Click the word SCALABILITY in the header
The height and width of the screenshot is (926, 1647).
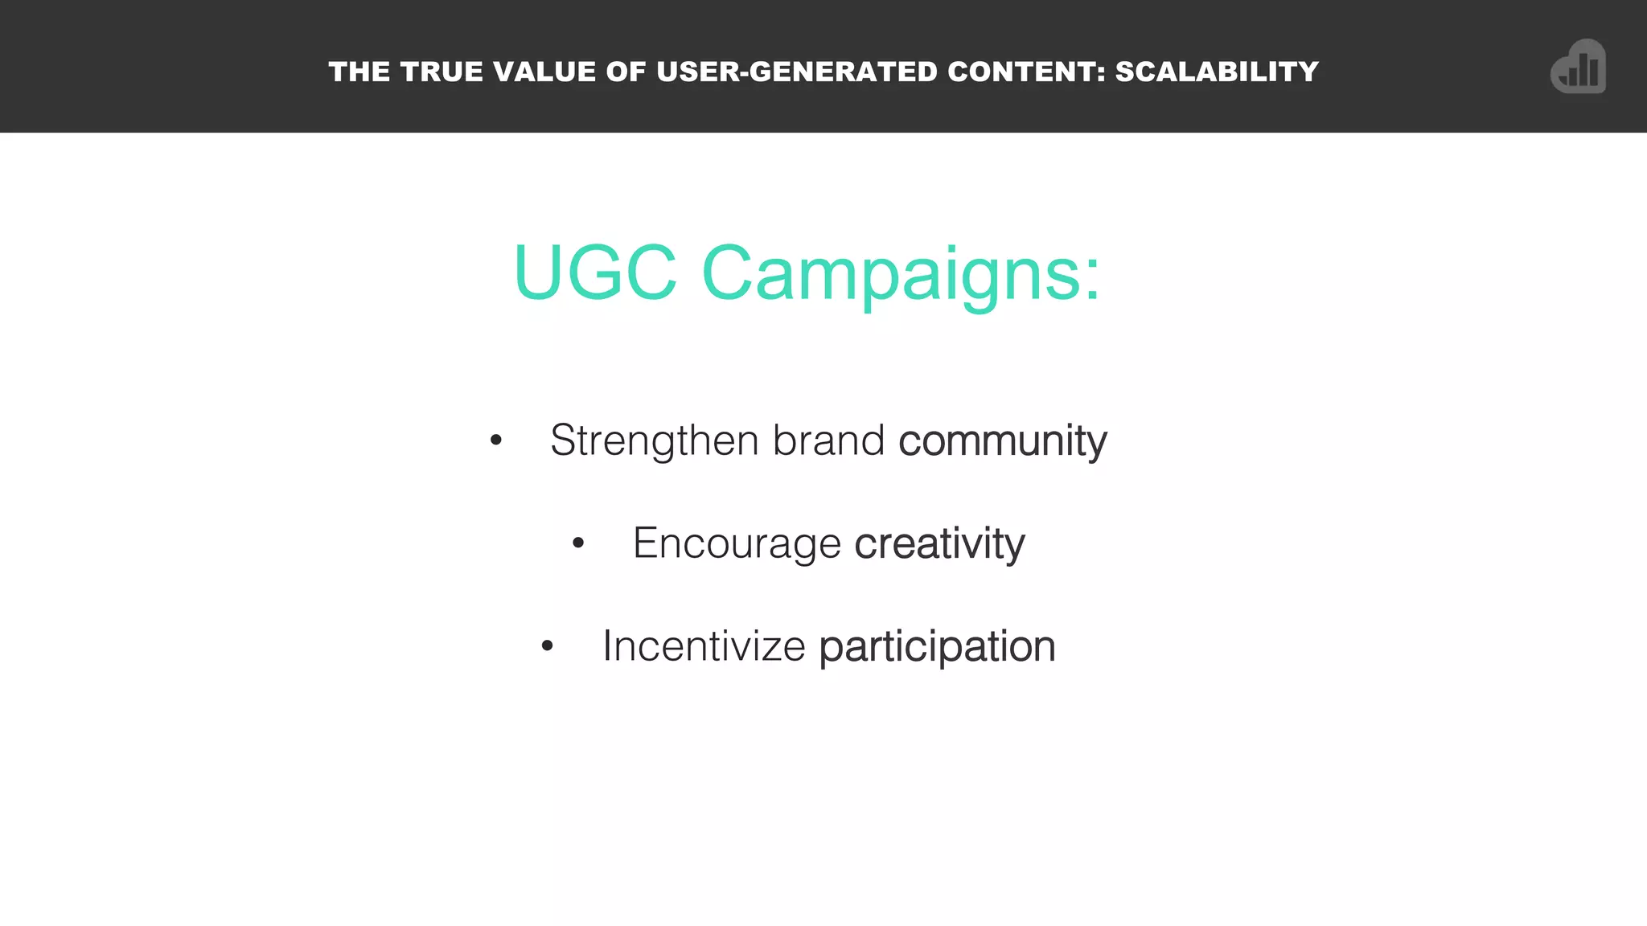pyautogui.click(x=1217, y=72)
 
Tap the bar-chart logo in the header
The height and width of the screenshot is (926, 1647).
pyautogui.click(x=1578, y=68)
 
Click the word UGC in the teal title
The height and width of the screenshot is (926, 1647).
pyautogui.click(x=595, y=273)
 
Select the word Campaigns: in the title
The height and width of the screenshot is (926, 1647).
pyautogui.click(x=901, y=275)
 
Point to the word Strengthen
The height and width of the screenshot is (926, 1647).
pyautogui.click(x=655, y=440)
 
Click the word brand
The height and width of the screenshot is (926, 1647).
pyautogui.click(x=828, y=440)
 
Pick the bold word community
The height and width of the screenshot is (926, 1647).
pyautogui.click(x=1002, y=440)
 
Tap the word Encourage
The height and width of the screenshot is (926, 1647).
pyautogui.click(x=737, y=543)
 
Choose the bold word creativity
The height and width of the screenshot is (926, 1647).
pyautogui.click(x=939, y=543)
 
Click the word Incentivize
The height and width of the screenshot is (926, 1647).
pyautogui.click(x=704, y=645)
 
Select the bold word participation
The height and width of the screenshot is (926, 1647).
pyautogui.click(x=937, y=647)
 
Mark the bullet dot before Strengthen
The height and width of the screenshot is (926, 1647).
pyautogui.click(x=496, y=440)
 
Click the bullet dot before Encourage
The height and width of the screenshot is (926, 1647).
pyautogui.click(x=578, y=544)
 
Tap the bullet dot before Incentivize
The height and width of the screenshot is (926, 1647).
pyautogui.click(x=548, y=646)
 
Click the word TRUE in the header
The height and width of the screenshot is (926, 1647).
pyautogui.click(x=442, y=72)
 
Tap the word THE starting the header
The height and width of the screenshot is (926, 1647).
pyautogui.click(x=359, y=72)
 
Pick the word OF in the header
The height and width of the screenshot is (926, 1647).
pyautogui.click(x=626, y=72)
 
